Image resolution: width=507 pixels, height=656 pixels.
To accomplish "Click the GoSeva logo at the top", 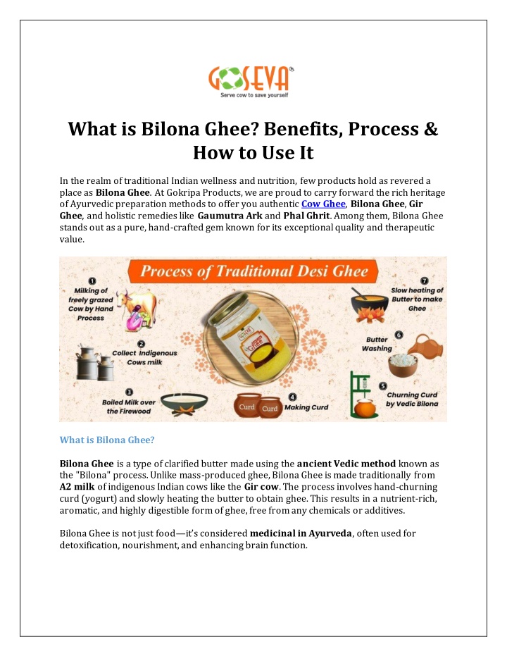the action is point(251,82).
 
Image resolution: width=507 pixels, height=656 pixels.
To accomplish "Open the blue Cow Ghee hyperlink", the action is point(323,204).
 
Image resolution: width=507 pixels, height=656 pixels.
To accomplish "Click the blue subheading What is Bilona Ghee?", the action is point(107,440).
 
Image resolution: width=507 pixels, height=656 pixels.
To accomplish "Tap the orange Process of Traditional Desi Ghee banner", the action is point(254,271).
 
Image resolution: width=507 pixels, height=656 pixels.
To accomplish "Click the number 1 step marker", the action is point(92,281).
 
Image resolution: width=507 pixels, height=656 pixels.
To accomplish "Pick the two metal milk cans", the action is point(95,363).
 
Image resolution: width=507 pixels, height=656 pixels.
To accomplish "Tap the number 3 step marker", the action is point(129,392).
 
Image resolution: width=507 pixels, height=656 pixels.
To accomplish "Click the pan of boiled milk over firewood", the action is point(184,404).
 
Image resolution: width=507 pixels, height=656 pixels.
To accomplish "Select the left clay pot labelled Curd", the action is point(247,405).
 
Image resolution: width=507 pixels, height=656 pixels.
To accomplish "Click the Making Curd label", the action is point(306,407).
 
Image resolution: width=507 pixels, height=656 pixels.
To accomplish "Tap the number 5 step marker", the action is point(382,385).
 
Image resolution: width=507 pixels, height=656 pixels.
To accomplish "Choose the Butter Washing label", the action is point(377,345).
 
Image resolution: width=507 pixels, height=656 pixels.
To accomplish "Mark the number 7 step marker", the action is point(424,280).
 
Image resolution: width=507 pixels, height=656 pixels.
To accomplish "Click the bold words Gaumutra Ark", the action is point(230,216).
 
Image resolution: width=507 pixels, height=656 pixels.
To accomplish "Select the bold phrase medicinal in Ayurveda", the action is point(301,533).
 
